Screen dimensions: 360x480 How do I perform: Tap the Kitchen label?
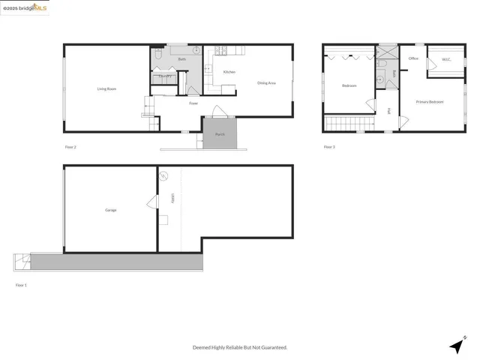point(229,72)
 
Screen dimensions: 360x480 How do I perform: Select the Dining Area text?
point(266,83)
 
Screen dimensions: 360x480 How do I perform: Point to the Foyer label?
point(193,103)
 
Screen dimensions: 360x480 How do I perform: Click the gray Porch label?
point(220,134)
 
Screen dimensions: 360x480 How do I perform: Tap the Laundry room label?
point(166,76)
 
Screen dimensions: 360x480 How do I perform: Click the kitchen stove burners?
point(221,51)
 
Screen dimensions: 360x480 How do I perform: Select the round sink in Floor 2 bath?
point(196,51)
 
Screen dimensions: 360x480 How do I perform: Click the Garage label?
point(110,210)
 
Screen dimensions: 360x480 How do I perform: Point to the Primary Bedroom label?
point(430,101)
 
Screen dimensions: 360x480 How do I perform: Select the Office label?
point(413,58)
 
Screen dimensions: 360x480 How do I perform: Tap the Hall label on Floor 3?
point(389,111)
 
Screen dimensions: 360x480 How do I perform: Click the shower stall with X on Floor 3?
point(387,52)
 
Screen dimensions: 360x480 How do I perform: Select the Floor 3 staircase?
point(349,123)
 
